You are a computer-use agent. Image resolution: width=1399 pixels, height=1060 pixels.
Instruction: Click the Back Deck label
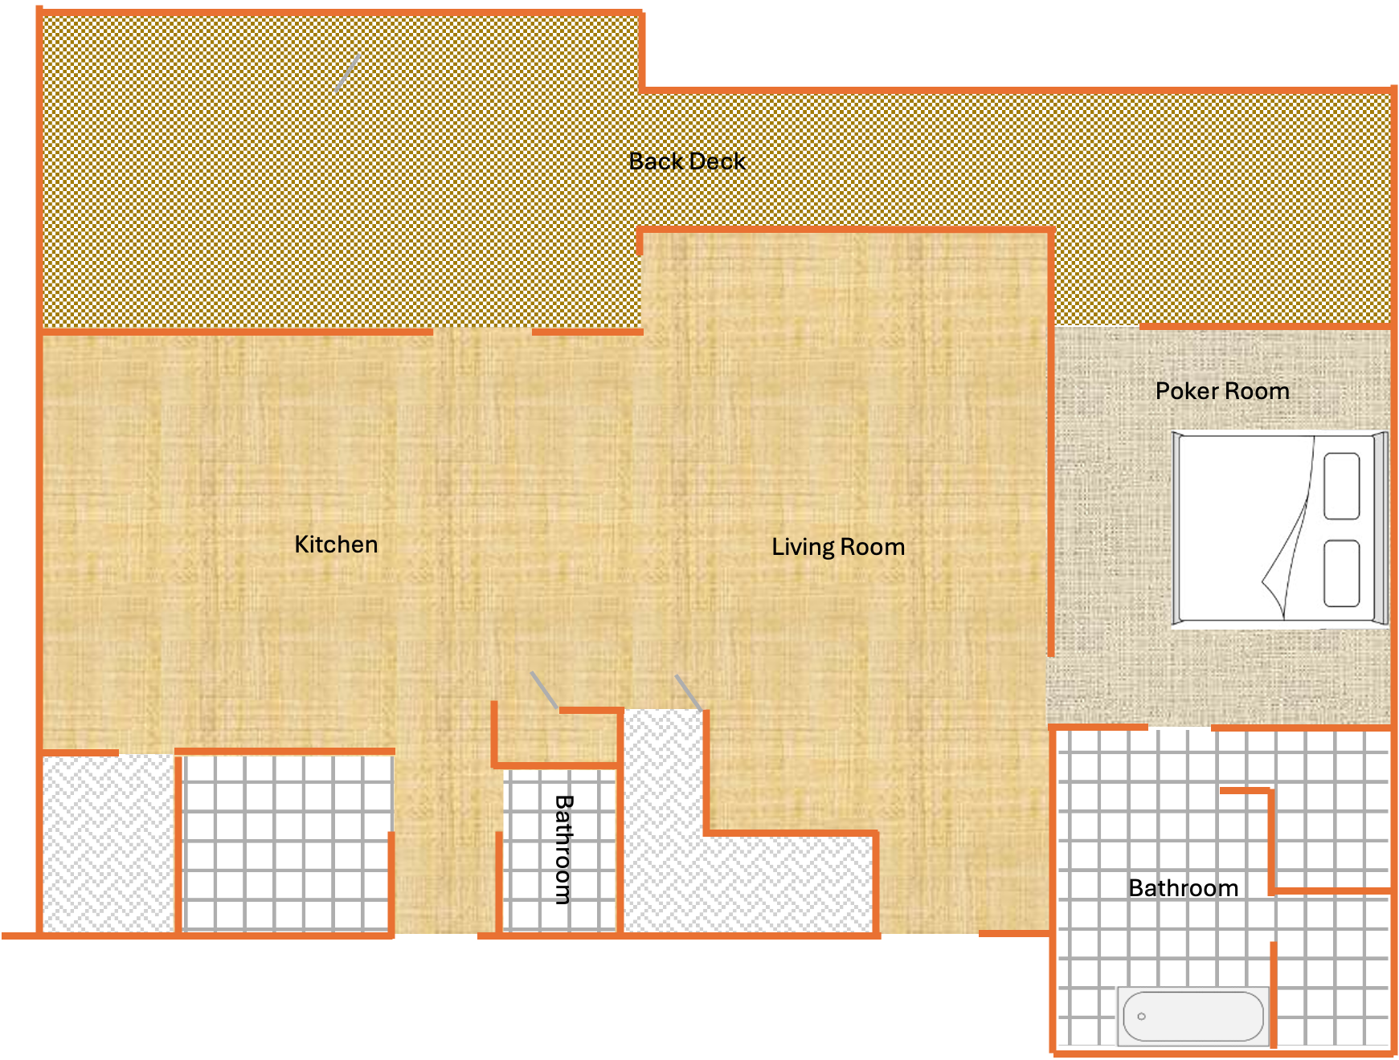[686, 161]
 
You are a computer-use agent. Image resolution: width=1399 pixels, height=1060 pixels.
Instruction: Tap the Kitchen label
[336, 544]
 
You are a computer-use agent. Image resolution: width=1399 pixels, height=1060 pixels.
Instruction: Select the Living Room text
[838, 547]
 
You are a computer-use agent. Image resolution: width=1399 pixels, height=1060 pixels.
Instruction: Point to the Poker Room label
[1222, 391]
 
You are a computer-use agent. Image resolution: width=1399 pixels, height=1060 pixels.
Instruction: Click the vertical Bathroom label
[564, 849]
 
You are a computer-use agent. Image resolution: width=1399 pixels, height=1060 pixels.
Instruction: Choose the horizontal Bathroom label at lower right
[1183, 888]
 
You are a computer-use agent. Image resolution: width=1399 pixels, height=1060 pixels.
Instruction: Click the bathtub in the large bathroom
[1192, 1017]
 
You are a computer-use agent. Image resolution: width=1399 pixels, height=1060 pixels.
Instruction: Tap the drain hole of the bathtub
[1141, 1017]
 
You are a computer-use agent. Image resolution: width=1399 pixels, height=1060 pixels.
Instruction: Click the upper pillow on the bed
[1341, 486]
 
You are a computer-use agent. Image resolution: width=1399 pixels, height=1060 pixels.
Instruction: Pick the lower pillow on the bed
[1341, 573]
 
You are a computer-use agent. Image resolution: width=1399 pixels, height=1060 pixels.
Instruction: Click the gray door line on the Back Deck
[347, 72]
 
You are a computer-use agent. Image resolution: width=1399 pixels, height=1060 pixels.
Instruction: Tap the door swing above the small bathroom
[544, 691]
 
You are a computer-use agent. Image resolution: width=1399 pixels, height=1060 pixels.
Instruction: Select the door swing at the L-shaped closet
[688, 692]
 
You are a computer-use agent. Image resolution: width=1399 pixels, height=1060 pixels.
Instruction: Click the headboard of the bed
[1381, 528]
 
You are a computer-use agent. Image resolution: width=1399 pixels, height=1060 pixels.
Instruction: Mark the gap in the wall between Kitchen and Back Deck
[482, 331]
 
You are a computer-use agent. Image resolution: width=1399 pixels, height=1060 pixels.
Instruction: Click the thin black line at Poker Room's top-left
[1096, 326]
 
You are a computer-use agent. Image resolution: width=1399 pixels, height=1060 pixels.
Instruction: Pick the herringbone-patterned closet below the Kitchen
[108, 843]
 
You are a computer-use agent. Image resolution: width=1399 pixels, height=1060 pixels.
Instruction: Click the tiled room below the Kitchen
[286, 843]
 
